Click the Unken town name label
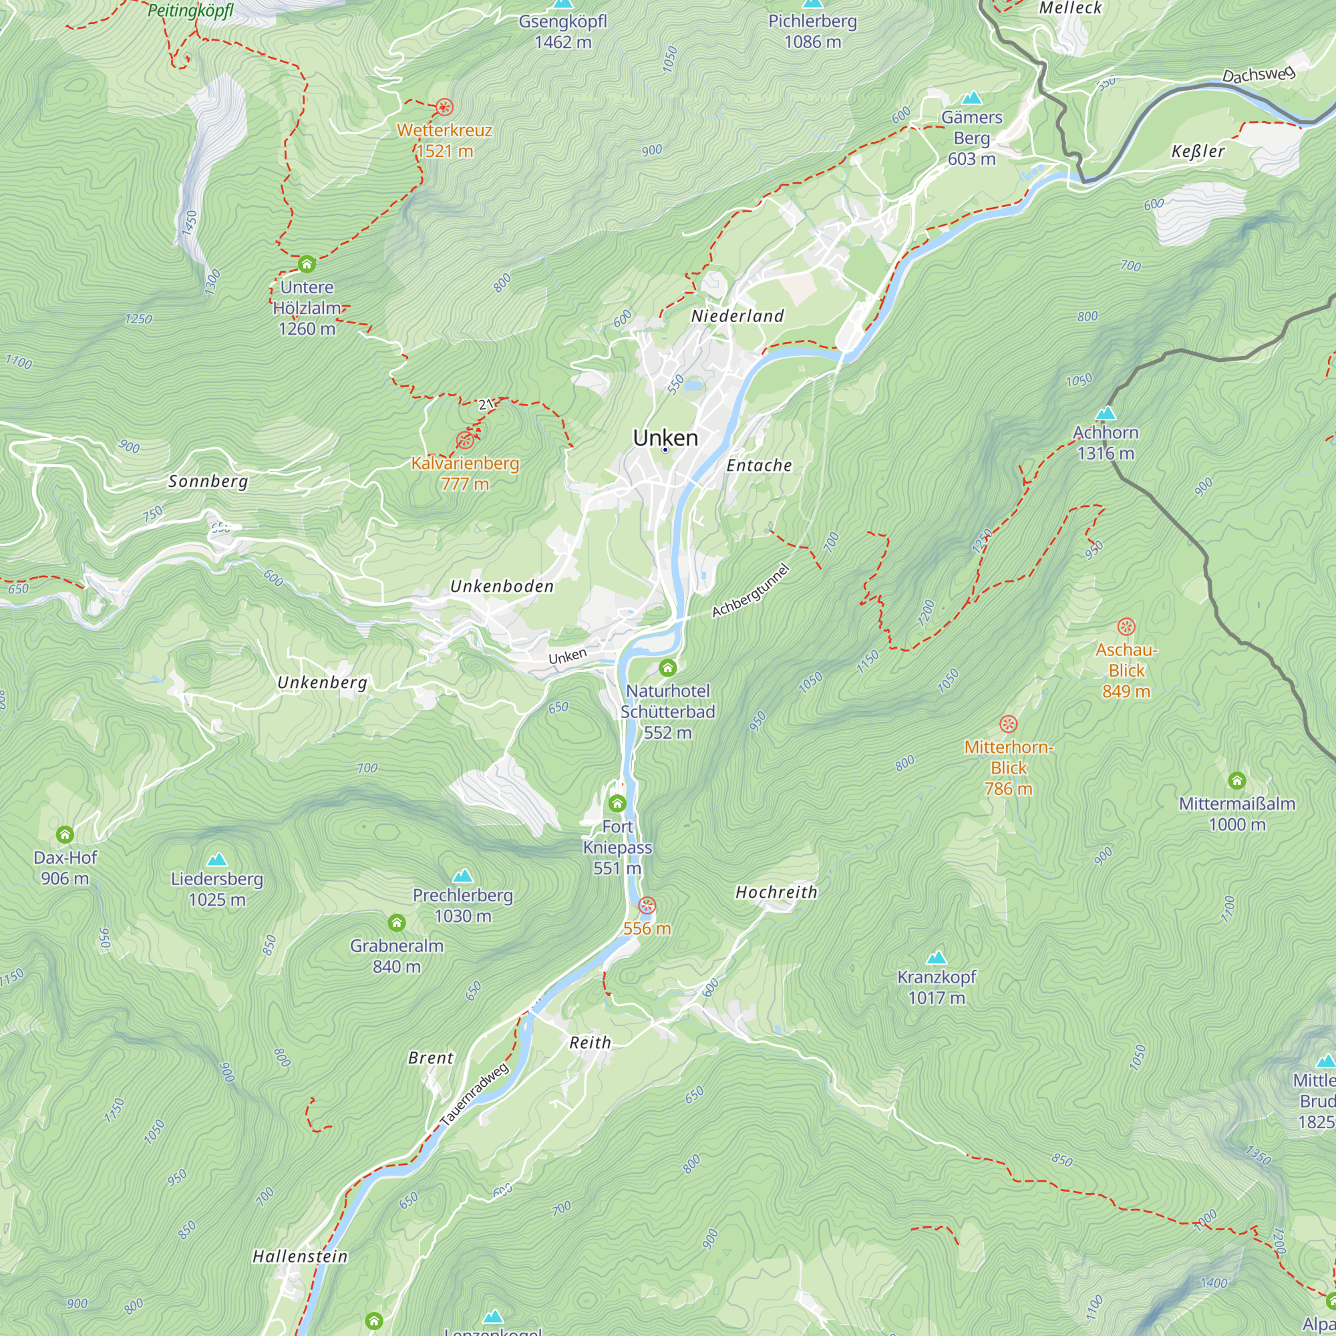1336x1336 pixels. [x=665, y=438]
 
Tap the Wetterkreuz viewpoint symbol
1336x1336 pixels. [x=444, y=107]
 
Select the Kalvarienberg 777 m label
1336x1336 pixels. [x=465, y=474]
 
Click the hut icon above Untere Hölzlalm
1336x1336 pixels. [x=307, y=264]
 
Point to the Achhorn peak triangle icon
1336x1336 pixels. [x=1106, y=413]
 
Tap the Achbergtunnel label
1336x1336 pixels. [x=750, y=591]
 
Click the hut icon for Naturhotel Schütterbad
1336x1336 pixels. [x=667, y=668]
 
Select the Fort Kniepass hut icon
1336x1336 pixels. [x=617, y=804]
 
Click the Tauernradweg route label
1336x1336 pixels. [x=474, y=1095]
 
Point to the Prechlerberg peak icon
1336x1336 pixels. [x=462, y=876]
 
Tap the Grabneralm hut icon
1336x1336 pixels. [x=396, y=923]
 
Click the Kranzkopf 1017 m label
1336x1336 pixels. [x=937, y=987]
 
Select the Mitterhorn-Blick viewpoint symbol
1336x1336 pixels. [x=1008, y=724]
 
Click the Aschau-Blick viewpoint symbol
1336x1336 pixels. [x=1126, y=627]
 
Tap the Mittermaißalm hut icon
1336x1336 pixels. [x=1237, y=781]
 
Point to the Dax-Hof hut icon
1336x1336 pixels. [x=65, y=834]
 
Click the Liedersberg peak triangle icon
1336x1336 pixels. [x=217, y=860]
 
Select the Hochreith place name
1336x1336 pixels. [x=776, y=892]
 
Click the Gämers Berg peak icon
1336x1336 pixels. [x=971, y=98]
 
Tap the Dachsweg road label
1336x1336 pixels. [x=1258, y=74]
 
